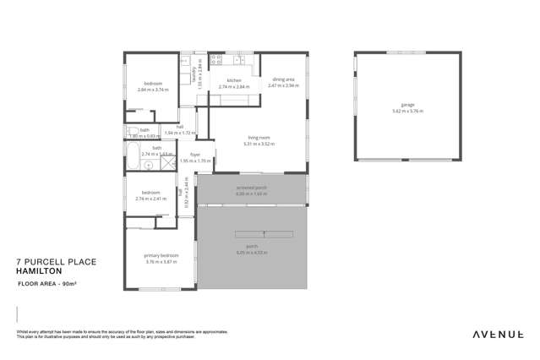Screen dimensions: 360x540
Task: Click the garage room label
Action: point(407,105)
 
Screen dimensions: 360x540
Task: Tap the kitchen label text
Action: point(234,81)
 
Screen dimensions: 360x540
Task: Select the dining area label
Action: point(283,80)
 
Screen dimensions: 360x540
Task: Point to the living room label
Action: point(259,138)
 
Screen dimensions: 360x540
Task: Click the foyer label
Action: point(195,155)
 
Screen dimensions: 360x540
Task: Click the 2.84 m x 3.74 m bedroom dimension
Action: point(153,90)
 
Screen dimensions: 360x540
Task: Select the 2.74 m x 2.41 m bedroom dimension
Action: point(152,199)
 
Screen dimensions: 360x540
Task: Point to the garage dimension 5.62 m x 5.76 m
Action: point(407,111)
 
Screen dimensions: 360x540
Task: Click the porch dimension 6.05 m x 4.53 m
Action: point(252,253)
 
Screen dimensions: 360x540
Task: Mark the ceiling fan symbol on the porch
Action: point(265,233)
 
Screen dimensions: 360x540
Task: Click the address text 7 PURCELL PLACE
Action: point(57,262)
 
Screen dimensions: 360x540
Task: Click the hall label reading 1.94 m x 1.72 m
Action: point(180,133)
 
